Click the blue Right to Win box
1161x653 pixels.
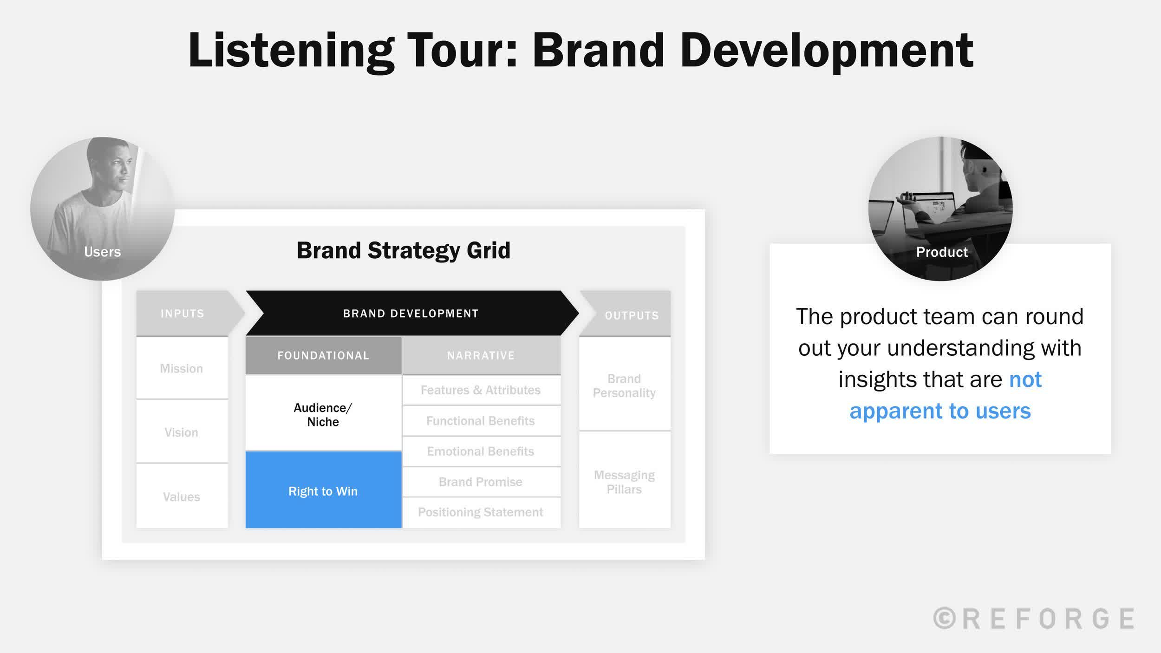(x=323, y=490)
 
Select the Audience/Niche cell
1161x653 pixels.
(x=323, y=413)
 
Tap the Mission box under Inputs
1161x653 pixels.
(x=182, y=368)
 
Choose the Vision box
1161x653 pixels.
(x=182, y=432)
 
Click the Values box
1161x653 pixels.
(x=182, y=496)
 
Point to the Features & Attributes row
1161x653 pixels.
(x=481, y=390)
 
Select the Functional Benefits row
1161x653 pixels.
(x=481, y=421)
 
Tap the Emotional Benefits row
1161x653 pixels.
(x=481, y=451)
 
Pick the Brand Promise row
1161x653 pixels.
(x=481, y=482)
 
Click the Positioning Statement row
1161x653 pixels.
(x=481, y=512)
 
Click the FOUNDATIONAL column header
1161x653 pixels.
(x=323, y=355)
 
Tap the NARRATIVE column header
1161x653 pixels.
(x=481, y=355)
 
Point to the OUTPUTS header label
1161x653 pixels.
(x=632, y=315)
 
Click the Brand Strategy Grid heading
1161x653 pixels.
(x=403, y=250)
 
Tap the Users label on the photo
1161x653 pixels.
(x=102, y=252)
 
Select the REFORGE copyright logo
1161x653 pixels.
(x=1034, y=618)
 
